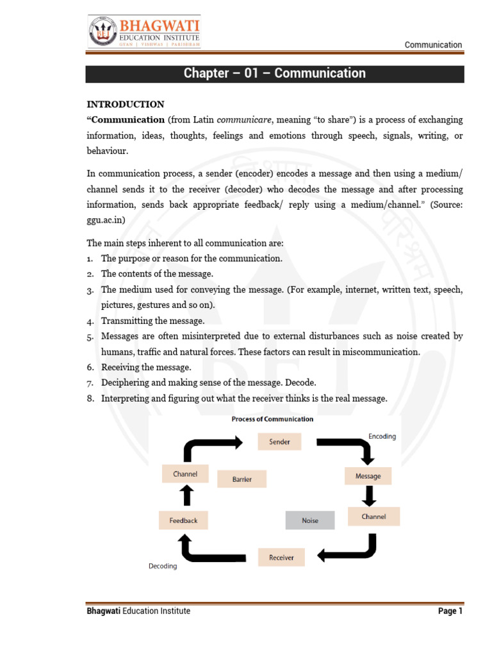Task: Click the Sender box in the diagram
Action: (x=279, y=441)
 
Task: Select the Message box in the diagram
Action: (x=368, y=476)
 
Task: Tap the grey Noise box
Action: (x=309, y=521)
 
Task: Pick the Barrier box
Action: (x=242, y=479)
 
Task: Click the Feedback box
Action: (x=183, y=520)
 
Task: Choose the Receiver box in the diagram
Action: (x=281, y=558)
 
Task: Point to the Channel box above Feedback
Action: (x=185, y=474)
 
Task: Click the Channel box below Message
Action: (x=373, y=516)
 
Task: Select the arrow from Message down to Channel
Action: (x=369, y=496)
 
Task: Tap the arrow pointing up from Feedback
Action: (x=186, y=496)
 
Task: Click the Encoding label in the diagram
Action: (x=382, y=436)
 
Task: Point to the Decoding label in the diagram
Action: (x=163, y=567)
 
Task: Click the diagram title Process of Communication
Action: (x=272, y=419)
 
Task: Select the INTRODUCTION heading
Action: (x=126, y=104)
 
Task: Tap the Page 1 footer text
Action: (x=450, y=611)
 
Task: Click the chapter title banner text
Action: (x=275, y=73)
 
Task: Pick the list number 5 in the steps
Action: (x=90, y=337)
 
